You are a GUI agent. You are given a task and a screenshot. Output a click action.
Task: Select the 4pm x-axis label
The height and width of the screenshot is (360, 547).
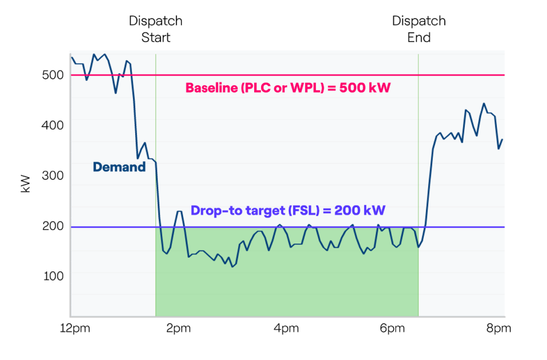pos(285,328)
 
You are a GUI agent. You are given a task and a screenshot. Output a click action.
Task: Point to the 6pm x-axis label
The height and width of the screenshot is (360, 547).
pos(393,328)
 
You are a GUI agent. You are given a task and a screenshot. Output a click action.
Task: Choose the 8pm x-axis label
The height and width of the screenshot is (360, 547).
pos(499,328)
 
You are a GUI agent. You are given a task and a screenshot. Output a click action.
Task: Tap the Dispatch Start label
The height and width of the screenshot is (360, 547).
pos(155,30)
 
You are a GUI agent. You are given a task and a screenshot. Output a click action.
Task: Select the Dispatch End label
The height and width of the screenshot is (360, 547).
pos(419,30)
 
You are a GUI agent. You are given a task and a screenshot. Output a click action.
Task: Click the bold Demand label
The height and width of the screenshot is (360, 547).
pos(119,167)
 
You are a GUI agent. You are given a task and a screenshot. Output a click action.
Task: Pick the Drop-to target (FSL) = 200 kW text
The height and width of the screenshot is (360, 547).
pos(288,210)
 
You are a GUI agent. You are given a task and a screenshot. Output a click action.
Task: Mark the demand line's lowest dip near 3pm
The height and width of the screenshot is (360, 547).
pos(232,266)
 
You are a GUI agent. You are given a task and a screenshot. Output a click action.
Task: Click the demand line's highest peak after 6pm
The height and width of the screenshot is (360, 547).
pos(484,103)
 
